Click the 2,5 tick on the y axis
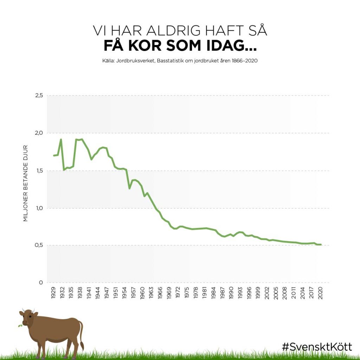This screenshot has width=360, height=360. tap(39, 95)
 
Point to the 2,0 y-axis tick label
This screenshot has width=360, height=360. tap(39, 133)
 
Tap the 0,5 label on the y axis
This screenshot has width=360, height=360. tap(39, 245)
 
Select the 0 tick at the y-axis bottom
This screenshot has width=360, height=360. tap(41, 283)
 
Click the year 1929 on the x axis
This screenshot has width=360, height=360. tap(53, 293)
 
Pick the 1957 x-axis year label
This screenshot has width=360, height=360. tap(133, 293)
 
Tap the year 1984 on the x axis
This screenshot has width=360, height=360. tap(213, 293)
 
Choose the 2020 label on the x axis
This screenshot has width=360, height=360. tap(320, 293)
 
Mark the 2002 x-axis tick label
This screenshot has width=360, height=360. tap(267, 293)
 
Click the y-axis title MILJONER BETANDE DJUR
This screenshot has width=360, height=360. tap(25, 183)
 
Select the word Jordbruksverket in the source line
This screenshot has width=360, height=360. tap(135, 61)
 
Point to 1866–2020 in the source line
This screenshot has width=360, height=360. tap(245, 61)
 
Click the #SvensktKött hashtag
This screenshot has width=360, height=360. tap(317, 347)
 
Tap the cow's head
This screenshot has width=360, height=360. tap(27, 317)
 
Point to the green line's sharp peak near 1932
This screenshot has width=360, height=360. tap(61, 139)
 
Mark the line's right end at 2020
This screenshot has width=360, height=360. tap(321, 245)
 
